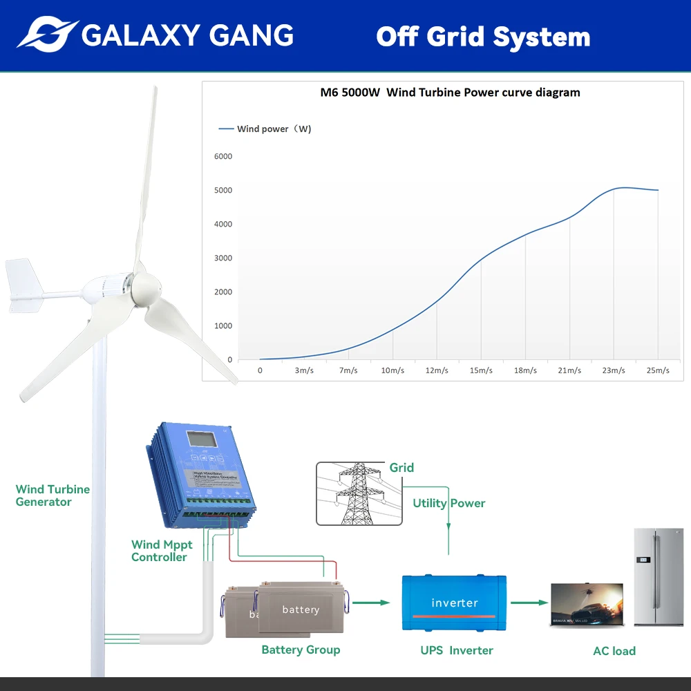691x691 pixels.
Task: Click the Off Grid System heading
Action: [x=483, y=37]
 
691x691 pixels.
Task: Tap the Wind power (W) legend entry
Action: [x=265, y=129]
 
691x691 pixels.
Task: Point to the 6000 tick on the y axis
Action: [x=223, y=156]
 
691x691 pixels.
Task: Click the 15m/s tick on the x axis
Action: [x=481, y=370]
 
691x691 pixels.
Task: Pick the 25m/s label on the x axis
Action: [x=658, y=370]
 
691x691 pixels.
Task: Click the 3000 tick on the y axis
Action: [x=223, y=258]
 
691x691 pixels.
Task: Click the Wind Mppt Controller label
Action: [x=162, y=551]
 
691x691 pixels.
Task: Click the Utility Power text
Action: [x=449, y=503]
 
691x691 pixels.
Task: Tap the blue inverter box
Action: [x=454, y=603]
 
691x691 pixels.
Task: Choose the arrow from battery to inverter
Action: [x=370, y=603]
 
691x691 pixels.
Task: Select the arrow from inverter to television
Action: [x=529, y=603]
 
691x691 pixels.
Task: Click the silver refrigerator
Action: [x=658, y=577]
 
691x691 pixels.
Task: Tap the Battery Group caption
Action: [x=301, y=650]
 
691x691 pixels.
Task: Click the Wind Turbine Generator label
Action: [x=53, y=495]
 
